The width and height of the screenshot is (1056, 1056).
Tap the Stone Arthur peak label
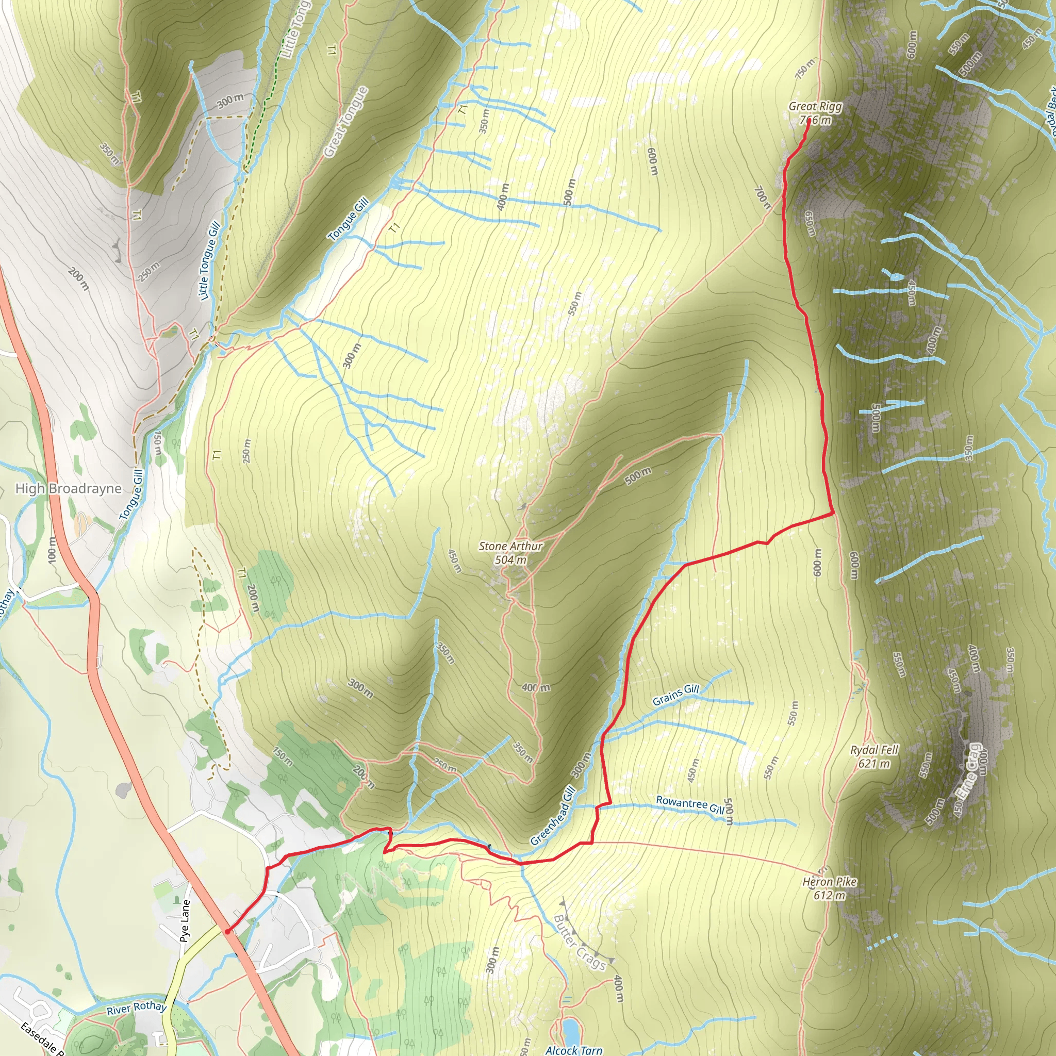pyautogui.click(x=510, y=546)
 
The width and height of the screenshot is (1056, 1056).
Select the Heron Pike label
pyautogui.click(x=829, y=882)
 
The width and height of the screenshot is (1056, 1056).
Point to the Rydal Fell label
pyautogui.click(x=874, y=750)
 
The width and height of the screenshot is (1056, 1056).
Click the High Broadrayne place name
pyautogui.click(x=69, y=488)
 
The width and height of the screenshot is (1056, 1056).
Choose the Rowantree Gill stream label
pyautogui.click(x=690, y=803)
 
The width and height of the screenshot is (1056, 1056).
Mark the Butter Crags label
pyautogui.click(x=580, y=942)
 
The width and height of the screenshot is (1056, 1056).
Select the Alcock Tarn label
pyautogui.click(x=573, y=1049)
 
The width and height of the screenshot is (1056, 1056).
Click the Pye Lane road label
pyautogui.click(x=185, y=920)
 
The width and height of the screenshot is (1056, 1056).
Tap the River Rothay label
pyautogui.click(x=136, y=1008)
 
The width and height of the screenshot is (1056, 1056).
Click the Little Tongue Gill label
pyautogui.click(x=209, y=261)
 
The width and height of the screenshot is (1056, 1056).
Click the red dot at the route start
pyautogui.click(x=227, y=931)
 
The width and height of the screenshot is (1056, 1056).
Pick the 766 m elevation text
pyautogui.click(x=815, y=120)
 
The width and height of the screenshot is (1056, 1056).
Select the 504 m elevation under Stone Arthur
pyautogui.click(x=510, y=559)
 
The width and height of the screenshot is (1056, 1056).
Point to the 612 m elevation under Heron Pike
pyautogui.click(x=829, y=895)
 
